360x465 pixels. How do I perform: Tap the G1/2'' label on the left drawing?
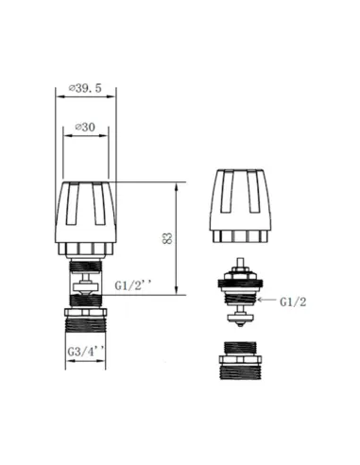[133, 284]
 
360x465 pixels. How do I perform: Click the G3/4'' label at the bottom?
[84, 353]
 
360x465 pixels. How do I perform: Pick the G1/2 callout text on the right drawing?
[294, 301]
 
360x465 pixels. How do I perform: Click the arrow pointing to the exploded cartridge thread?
[270, 301]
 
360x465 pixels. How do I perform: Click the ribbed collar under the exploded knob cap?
[245, 234]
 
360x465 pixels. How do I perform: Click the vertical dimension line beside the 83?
[177, 237]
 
